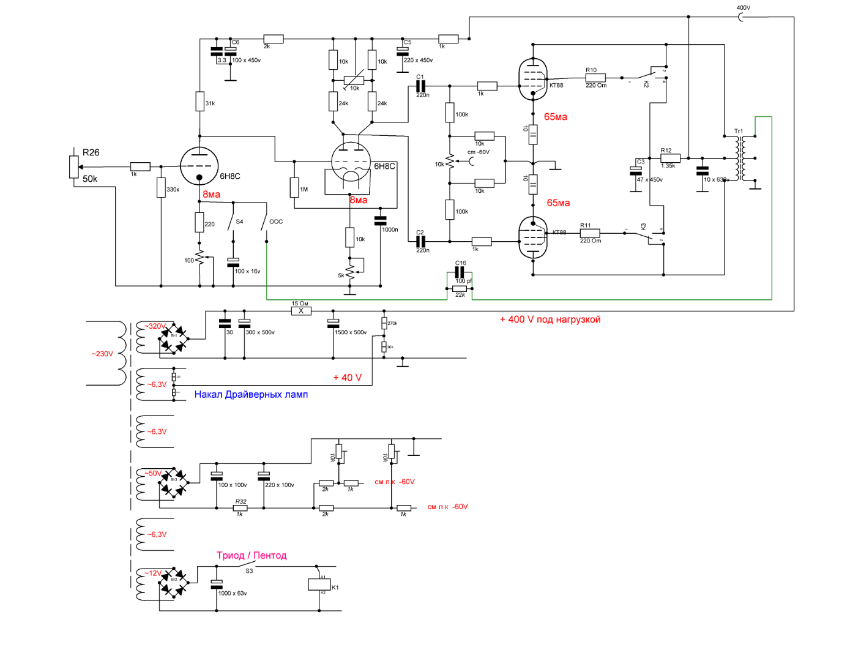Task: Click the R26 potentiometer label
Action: click(x=91, y=152)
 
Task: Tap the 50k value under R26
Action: click(x=90, y=179)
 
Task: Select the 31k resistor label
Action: click(x=210, y=103)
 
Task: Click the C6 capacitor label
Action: click(x=236, y=42)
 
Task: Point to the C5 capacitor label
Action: click(x=408, y=42)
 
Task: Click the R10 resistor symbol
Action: click(x=595, y=78)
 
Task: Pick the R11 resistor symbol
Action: click(x=590, y=233)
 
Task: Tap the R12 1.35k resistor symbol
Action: click(x=670, y=159)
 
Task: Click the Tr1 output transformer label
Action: click(x=739, y=131)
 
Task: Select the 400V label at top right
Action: click(x=744, y=8)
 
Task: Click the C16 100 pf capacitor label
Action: click(x=461, y=263)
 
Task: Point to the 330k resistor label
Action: click(x=173, y=190)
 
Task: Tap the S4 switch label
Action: click(x=239, y=222)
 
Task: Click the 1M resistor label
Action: click(x=304, y=190)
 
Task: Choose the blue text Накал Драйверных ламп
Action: click(x=251, y=395)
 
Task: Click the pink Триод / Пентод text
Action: click(x=252, y=556)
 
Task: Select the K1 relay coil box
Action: click(x=319, y=584)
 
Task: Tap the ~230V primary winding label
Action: click(x=103, y=354)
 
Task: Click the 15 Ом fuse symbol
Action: click(x=300, y=311)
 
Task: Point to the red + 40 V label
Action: click(x=347, y=378)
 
